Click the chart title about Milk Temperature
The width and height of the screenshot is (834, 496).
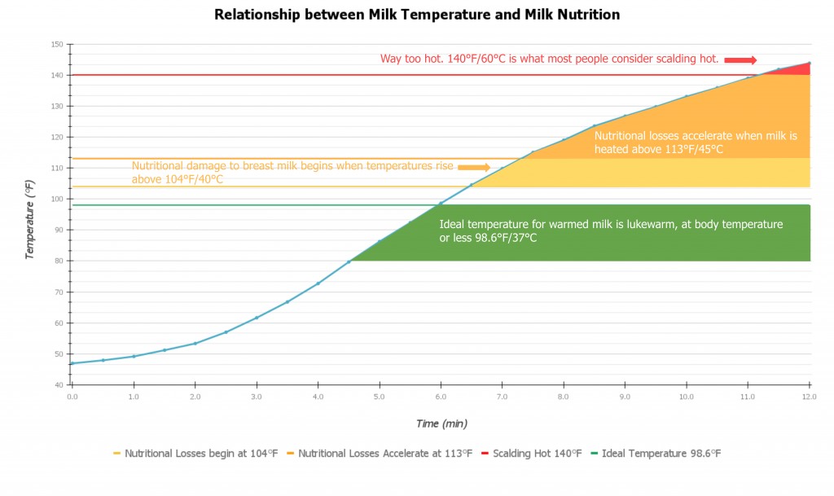pos(416,15)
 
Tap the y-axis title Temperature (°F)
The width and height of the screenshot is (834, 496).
pos(30,221)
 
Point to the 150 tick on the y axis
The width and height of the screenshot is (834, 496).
pos(57,44)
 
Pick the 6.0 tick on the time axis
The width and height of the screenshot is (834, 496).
pos(441,397)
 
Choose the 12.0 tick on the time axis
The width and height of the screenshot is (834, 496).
pos(809,397)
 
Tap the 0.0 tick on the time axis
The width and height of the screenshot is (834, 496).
pos(72,397)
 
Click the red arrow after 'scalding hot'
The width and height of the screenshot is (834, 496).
pos(740,59)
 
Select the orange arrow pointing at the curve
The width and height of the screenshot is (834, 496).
pos(474,167)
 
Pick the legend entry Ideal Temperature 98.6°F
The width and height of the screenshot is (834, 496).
pos(661,454)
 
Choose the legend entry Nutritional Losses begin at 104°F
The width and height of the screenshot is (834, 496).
pos(200,454)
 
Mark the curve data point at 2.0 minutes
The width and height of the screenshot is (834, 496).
pos(195,343)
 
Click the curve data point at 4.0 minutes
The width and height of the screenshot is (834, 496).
pos(318,283)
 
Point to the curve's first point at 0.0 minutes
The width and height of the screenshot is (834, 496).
pos(72,363)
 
